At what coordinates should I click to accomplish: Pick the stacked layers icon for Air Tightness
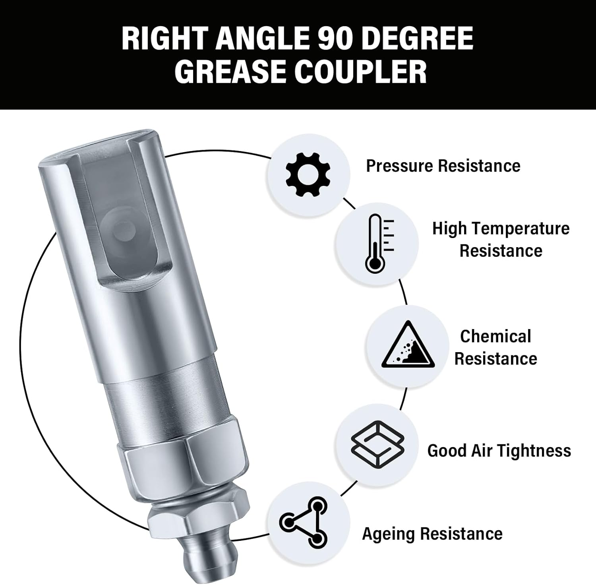[377, 444]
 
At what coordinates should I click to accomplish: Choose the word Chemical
[495, 336]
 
